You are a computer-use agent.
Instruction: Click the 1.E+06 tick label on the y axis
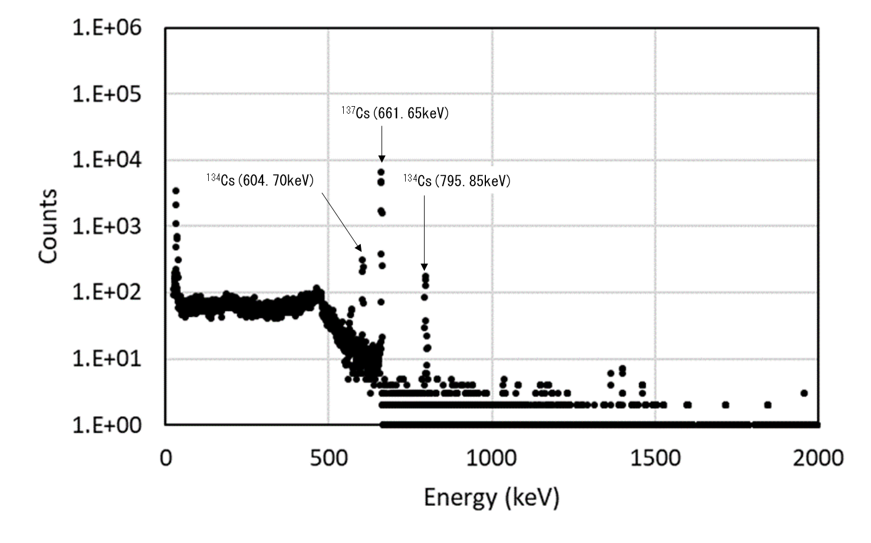pyautogui.click(x=107, y=27)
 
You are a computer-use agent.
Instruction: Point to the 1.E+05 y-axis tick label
pyautogui.click(x=107, y=94)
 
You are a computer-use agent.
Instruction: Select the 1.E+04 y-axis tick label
pyautogui.click(x=107, y=160)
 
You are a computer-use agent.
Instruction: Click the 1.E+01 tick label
pyautogui.click(x=107, y=358)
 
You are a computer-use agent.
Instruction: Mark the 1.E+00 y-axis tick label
pyautogui.click(x=107, y=424)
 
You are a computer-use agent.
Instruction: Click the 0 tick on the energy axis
pyautogui.click(x=166, y=458)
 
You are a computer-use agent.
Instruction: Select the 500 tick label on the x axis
pyautogui.click(x=328, y=458)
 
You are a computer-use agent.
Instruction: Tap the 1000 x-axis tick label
pyautogui.click(x=492, y=458)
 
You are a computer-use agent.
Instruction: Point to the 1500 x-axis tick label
pyautogui.click(x=655, y=458)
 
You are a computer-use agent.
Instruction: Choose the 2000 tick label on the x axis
pyautogui.click(x=818, y=458)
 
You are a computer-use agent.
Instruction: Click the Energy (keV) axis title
pyautogui.click(x=491, y=498)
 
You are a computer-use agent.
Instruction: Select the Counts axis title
pyautogui.click(x=48, y=226)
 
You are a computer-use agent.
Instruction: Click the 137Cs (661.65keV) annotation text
pyautogui.click(x=395, y=113)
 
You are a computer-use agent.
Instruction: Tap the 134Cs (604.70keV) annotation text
pyautogui.click(x=260, y=179)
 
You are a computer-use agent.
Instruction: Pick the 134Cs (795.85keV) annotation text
pyautogui.click(x=457, y=180)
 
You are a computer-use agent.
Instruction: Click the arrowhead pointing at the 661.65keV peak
pyautogui.click(x=382, y=158)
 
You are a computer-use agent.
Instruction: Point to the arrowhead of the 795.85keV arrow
pyautogui.click(x=424, y=268)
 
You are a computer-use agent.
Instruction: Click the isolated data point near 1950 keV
pyautogui.click(x=804, y=393)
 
